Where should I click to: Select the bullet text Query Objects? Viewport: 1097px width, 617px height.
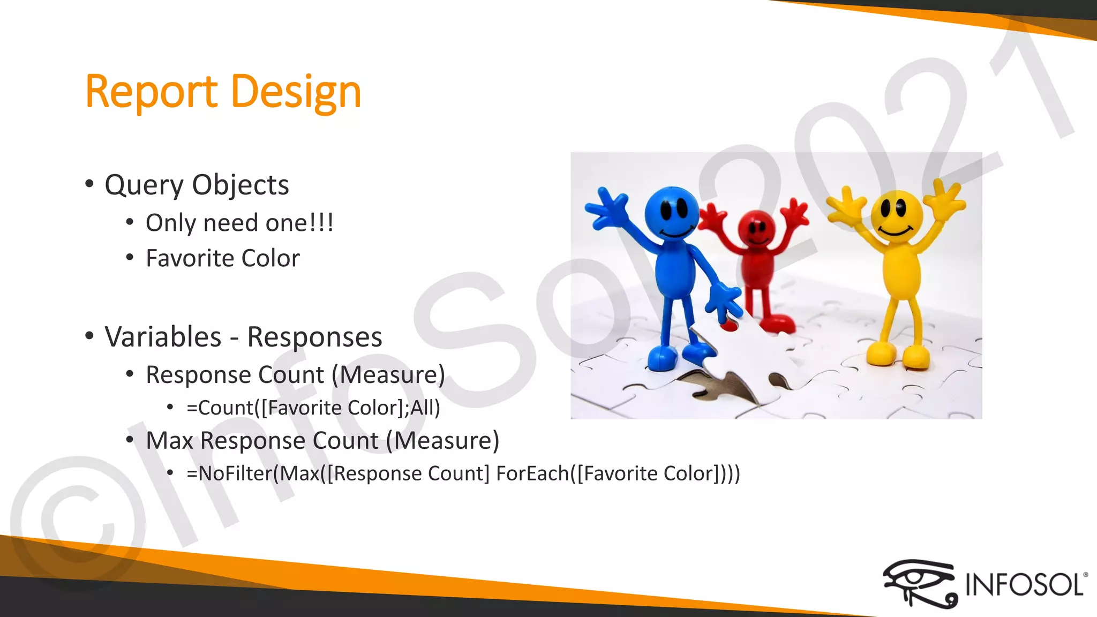(x=197, y=185)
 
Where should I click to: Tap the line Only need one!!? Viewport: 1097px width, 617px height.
(x=239, y=223)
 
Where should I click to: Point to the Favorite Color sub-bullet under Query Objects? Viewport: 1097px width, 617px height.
(x=223, y=258)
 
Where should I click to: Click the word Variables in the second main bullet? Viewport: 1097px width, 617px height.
(x=163, y=337)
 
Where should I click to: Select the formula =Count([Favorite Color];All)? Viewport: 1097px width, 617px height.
(x=313, y=408)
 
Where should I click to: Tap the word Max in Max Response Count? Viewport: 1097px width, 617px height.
(x=169, y=441)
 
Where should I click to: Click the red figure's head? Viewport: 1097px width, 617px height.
(x=756, y=228)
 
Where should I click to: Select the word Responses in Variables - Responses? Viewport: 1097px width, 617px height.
(x=314, y=337)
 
